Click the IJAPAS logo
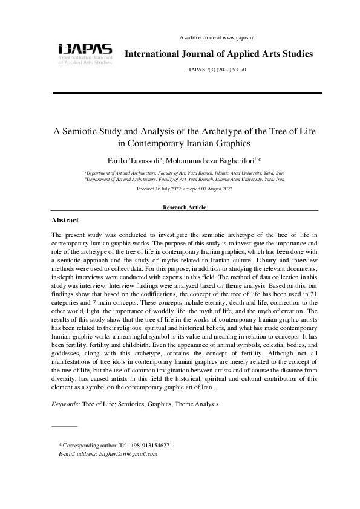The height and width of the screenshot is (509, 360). coord(85,53)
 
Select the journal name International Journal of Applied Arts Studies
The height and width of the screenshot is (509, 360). coord(218,54)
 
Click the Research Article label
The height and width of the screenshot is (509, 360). coord(185,207)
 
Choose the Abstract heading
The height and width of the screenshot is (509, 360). coord(65,221)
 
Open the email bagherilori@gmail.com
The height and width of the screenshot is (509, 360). coord(126,453)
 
